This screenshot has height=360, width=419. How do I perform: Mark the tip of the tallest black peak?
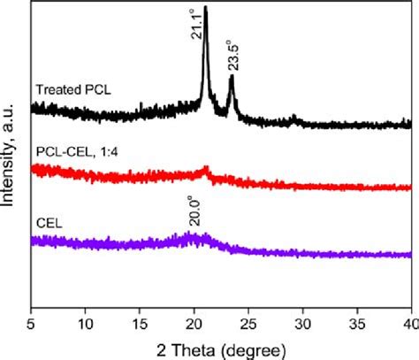coord(206,7)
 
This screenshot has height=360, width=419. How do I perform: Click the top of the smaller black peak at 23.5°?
coord(232,77)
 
